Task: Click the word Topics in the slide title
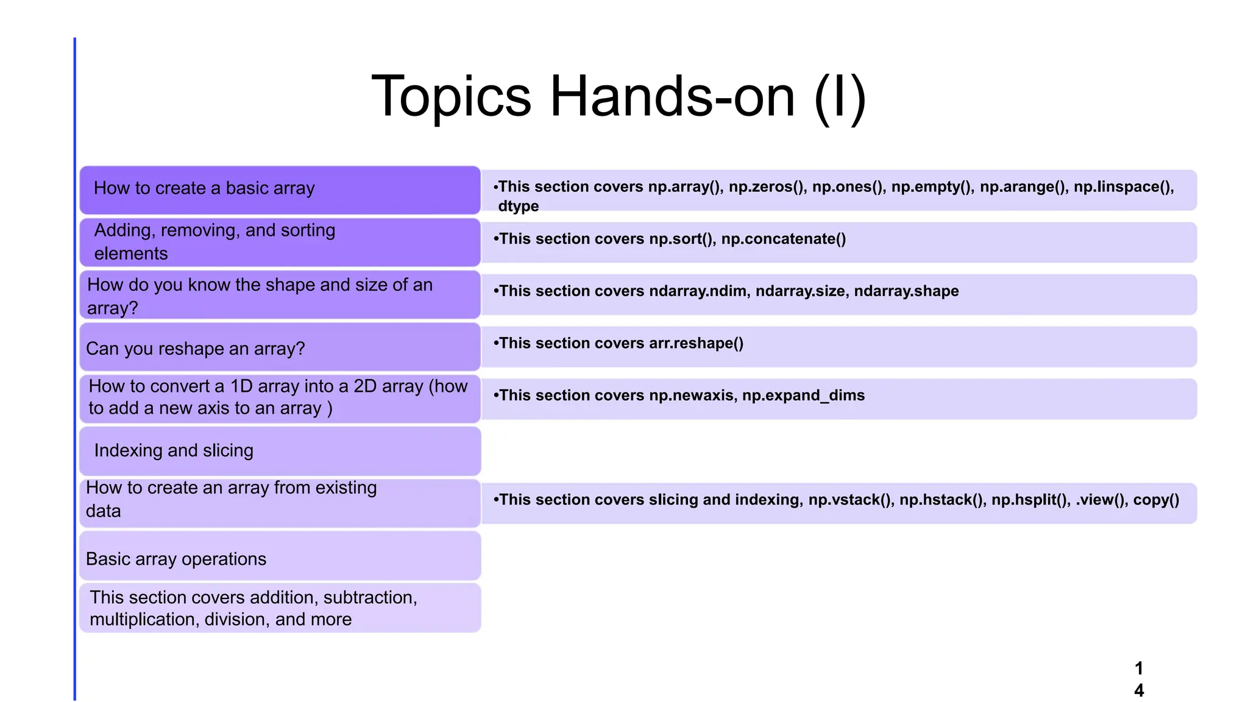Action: click(452, 97)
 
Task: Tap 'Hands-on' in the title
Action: click(673, 97)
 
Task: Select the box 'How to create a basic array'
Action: click(280, 189)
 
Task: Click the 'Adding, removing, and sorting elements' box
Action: click(280, 242)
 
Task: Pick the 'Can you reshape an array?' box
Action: click(280, 348)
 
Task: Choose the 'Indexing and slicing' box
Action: click(280, 451)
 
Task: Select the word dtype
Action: click(518, 206)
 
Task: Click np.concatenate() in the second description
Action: click(783, 239)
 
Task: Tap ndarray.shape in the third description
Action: click(906, 291)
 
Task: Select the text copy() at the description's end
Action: click(1156, 500)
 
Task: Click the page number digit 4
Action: click(1138, 690)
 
